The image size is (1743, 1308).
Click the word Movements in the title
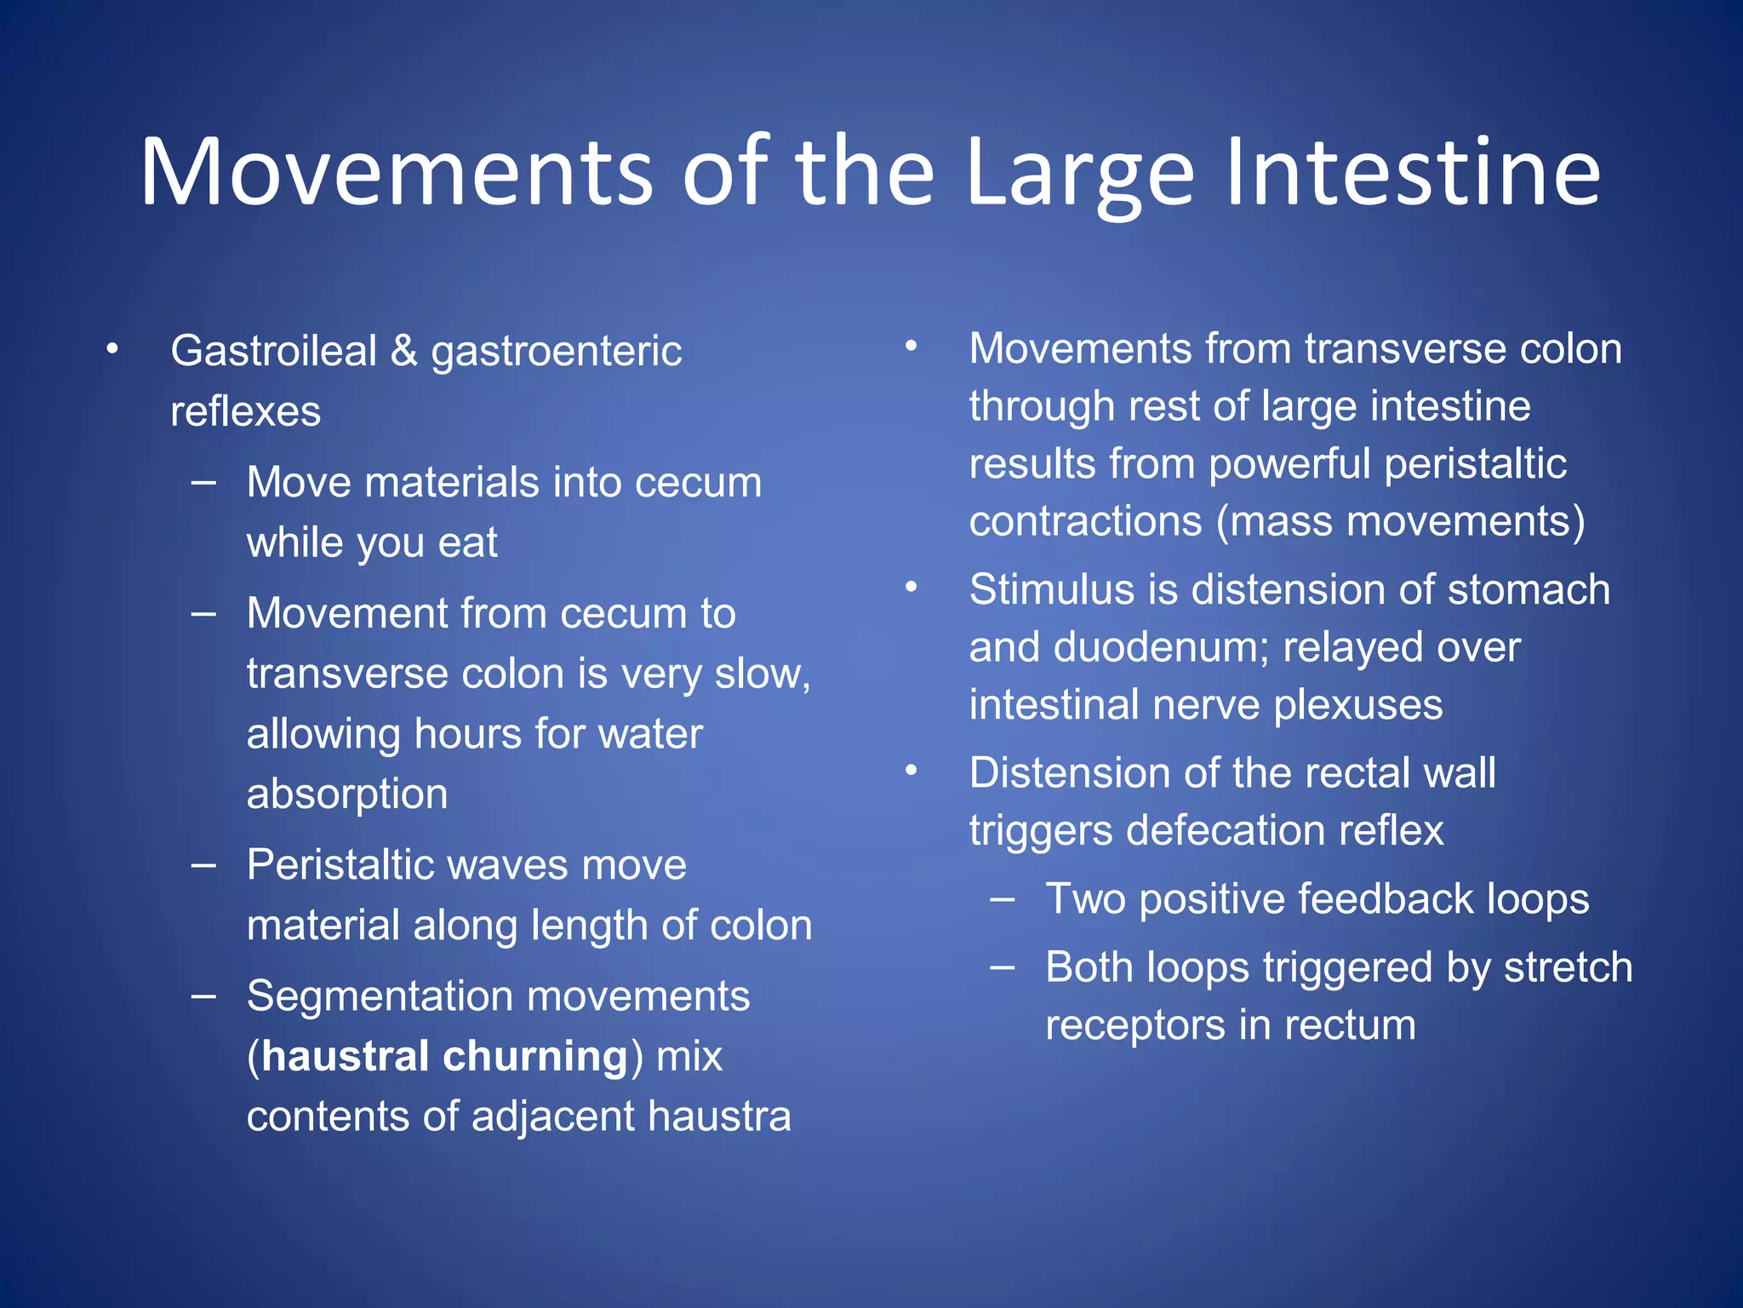coord(396,173)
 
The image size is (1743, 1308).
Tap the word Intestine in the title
coord(1413,173)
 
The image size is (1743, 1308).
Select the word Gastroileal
coord(273,351)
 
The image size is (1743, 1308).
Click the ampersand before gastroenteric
coord(403,351)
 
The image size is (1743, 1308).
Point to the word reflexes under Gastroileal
coord(245,411)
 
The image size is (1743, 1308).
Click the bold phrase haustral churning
coord(445,1056)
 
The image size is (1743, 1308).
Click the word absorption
coord(346,794)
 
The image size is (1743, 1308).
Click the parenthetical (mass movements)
coord(1400,520)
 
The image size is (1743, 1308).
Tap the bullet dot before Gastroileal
coord(112,349)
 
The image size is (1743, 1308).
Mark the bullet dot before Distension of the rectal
coord(912,771)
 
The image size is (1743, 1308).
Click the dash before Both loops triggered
coord(1003,967)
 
